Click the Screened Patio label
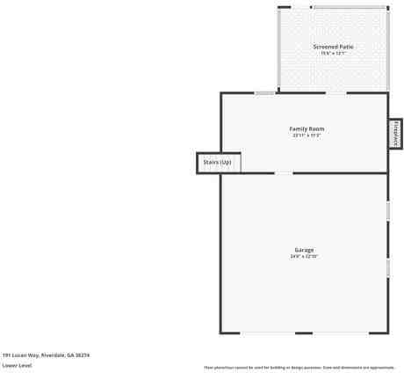point(333,46)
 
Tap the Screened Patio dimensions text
point(333,53)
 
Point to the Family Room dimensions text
point(307,135)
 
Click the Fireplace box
point(395,133)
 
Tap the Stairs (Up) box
point(217,163)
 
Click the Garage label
point(304,250)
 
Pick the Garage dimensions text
point(304,257)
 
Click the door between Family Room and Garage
point(284,172)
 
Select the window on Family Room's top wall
point(264,92)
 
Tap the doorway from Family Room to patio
point(336,92)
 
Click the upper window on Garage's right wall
point(387,211)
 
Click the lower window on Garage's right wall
point(387,267)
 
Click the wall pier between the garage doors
point(304,333)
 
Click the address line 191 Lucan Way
point(46,355)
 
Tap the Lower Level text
point(17,364)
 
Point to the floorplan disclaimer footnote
point(299,367)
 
